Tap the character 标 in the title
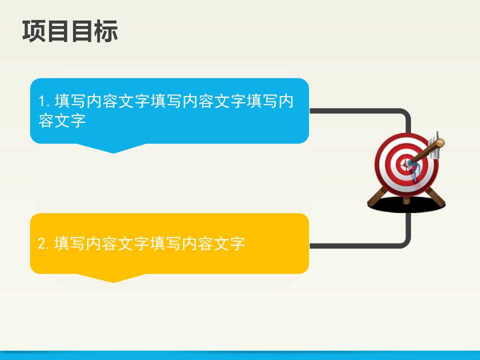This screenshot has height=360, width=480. click(x=106, y=31)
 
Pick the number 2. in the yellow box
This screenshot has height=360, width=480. click(x=44, y=244)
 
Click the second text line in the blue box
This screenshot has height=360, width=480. click(x=62, y=121)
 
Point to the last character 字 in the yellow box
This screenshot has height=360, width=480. click(x=237, y=244)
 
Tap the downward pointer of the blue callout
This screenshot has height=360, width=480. click(x=113, y=148)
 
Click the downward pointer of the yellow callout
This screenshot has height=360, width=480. click(x=113, y=278)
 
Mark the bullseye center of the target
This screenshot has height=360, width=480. click(x=404, y=163)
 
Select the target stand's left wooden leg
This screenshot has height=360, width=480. click(x=376, y=198)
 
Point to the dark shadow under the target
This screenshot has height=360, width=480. click(x=406, y=205)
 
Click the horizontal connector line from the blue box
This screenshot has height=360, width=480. click(x=350, y=111)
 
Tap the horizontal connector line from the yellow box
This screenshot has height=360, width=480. click(x=350, y=245)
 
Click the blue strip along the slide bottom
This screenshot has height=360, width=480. click(x=240, y=355)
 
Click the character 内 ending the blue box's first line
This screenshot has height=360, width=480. click(x=285, y=102)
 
